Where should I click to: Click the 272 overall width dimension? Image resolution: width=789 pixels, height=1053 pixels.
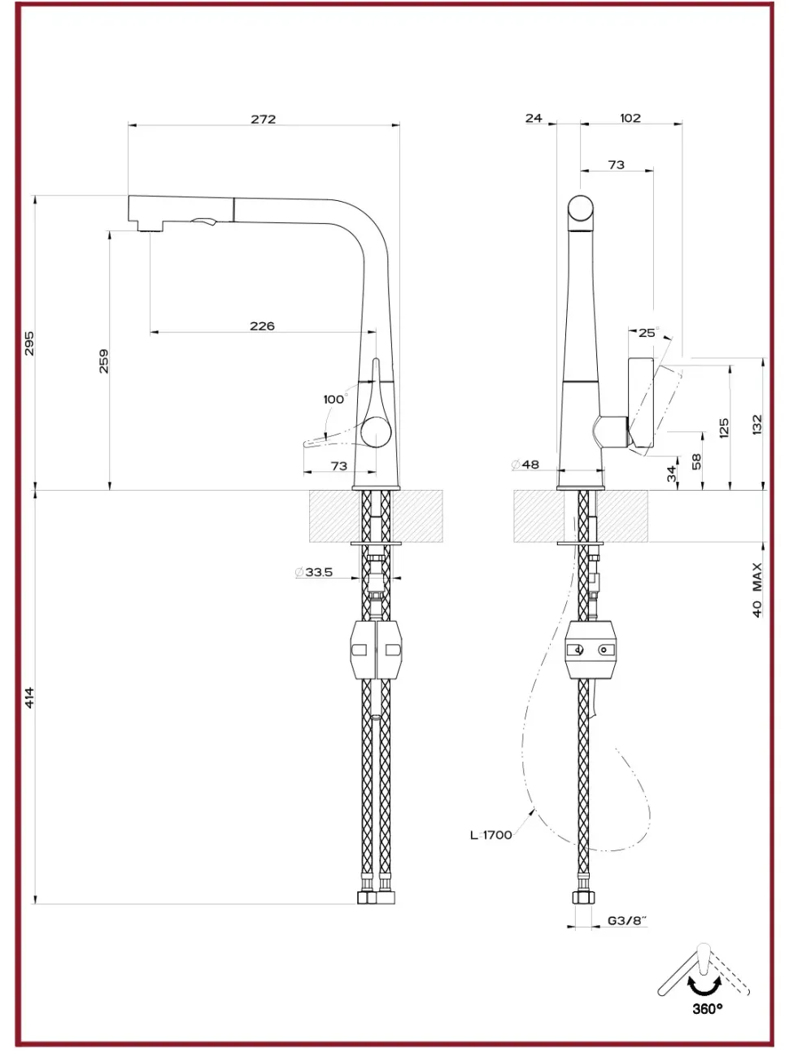click(263, 119)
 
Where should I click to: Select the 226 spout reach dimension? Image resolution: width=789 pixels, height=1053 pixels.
click(262, 326)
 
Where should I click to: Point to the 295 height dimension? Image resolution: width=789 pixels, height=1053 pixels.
click(29, 343)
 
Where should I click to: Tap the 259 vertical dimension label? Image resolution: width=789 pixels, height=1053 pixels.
click(104, 360)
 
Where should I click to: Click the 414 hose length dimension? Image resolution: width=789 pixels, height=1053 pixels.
click(29, 697)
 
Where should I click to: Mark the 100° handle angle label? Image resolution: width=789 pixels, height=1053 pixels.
click(334, 399)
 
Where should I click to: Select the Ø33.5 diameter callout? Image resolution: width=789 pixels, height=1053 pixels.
click(314, 572)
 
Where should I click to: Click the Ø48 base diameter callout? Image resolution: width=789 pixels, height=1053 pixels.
click(525, 465)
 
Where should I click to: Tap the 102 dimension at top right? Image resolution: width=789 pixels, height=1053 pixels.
click(630, 118)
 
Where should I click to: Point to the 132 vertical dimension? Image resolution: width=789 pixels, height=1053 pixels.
click(757, 425)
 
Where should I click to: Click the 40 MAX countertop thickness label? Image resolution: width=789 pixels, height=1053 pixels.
click(757, 589)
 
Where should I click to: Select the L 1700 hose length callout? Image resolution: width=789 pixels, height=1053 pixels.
click(491, 834)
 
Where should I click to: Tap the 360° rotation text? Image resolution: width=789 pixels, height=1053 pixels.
click(707, 1009)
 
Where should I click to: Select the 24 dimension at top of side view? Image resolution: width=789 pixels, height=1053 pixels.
click(534, 118)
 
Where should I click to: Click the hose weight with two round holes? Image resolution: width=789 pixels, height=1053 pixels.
click(591, 649)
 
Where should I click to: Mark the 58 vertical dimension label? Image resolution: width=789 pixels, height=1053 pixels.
click(696, 461)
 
